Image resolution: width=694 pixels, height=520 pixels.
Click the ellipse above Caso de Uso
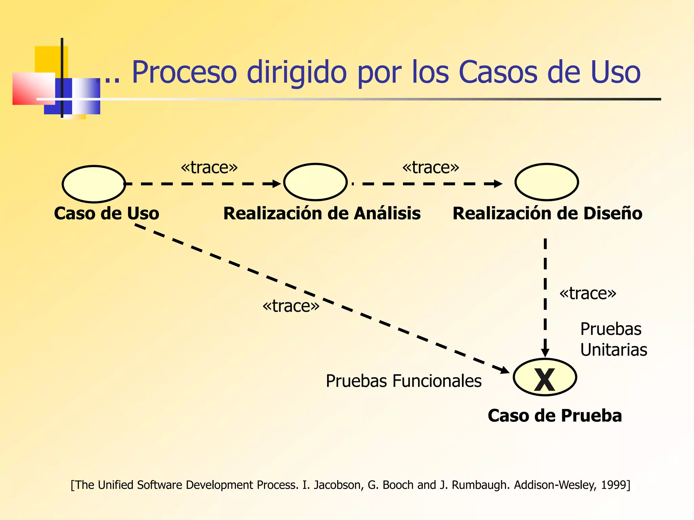tap(94, 184)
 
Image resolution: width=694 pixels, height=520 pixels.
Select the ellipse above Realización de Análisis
tap(315, 182)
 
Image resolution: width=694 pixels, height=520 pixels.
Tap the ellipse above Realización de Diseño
tap(546, 182)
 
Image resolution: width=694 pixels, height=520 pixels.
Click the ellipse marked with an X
tap(545, 377)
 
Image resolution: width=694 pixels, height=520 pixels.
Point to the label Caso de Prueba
tap(555, 416)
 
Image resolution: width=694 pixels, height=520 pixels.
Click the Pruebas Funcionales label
tap(403, 381)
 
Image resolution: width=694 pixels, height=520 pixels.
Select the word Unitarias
tap(613, 350)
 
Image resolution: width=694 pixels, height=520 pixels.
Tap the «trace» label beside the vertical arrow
tap(588, 294)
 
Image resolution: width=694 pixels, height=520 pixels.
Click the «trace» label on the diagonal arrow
tap(291, 306)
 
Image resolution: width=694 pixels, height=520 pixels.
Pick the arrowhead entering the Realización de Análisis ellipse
tap(277, 184)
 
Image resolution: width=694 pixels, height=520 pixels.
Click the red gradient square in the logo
tap(33, 88)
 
